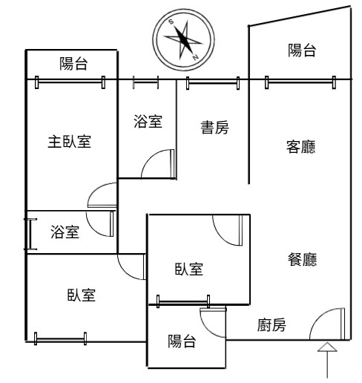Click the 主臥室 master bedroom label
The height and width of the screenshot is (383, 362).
pyautogui.click(x=70, y=142)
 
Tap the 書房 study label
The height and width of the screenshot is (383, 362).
pyautogui.click(x=214, y=128)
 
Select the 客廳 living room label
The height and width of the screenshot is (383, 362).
pyautogui.click(x=301, y=147)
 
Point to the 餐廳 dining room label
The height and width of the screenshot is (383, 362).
pyautogui.click(x=302, y=259)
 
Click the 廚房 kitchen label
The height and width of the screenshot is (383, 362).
pyautogui.click(x=271, y=325)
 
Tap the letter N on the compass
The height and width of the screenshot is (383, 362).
pyautogui.click(x=196, y=58)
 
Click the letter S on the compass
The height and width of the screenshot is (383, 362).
pyautogui.click(x=171, y=22)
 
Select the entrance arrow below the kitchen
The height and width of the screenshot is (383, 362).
pyautogui.click(x=327, y=360)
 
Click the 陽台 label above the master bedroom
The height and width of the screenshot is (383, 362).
pyautogui.click(x=73, y=64)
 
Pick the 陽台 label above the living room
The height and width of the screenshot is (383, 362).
pyautogui.click(x=302, y=50)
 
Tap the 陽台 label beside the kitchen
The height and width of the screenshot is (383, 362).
pyautogui.click(x=182, y=341)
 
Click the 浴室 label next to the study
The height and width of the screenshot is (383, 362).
pyautogui.click(x=148, y=121)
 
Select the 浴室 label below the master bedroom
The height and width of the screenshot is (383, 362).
pyautogui.click(x=65, y=232)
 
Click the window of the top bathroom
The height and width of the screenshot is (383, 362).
pyautogui.click(x=145, y=82)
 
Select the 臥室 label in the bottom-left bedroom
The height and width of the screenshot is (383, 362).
pyautogui.click(x=82, y=295)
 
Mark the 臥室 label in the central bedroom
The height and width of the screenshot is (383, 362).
pyautogui.click(x=189, y=269)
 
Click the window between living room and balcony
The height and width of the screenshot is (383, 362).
pyautogui.click(x=300, y=82)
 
